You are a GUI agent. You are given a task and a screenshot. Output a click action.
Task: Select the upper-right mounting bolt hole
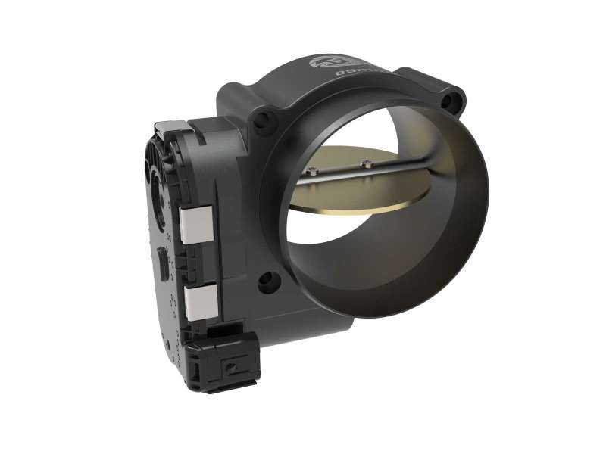[x=454, y=98]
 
